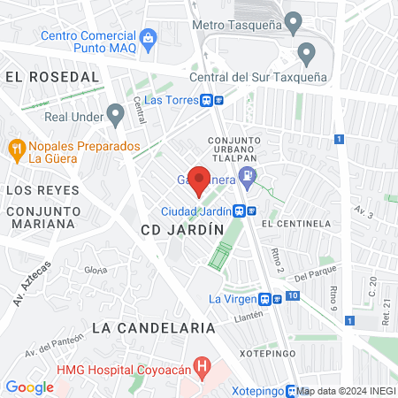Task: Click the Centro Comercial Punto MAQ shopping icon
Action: [148, 38]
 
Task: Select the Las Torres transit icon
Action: [212, 100]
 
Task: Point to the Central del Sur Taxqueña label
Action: [258, 77]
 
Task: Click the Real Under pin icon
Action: [115, 114]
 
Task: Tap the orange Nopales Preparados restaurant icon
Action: [16, 149]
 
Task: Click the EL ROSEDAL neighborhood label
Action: [51, 77]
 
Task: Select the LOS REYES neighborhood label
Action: [42, 190]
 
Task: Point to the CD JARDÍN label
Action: [182, 229]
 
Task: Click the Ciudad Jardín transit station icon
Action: [244, 210]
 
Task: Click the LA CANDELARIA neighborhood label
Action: [154, 327]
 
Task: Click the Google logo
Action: [29, 387]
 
